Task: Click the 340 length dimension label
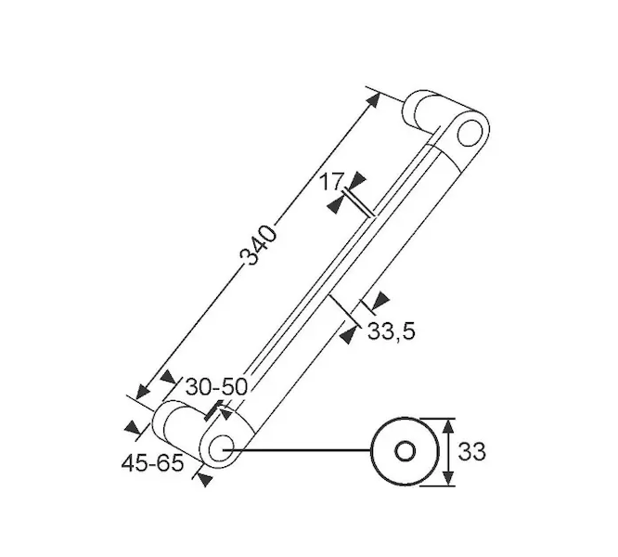[x=259, y=245]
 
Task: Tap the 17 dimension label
[x=331, y=182]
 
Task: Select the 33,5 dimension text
[x=392, y=331]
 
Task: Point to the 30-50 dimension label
[x=216, y=387]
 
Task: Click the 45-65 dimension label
[x=152, y=463]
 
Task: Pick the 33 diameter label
[x=471, y=452]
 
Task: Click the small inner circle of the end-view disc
[x=405, y=451]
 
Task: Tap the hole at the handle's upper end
[x=470, y=133]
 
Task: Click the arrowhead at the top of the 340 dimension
[x=373, y=99]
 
